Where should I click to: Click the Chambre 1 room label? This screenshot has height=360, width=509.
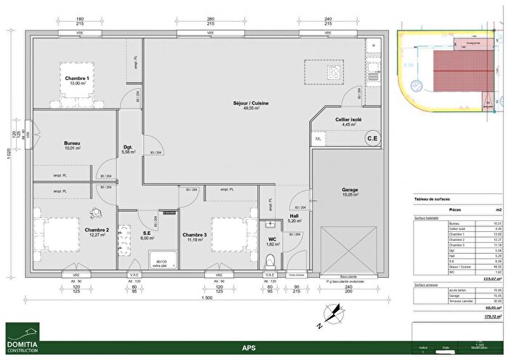click(76, 81)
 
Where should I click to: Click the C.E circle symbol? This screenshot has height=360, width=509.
click(372, 138)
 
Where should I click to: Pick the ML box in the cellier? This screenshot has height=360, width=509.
click(318, 138)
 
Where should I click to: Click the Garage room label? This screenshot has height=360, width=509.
click(350, 191)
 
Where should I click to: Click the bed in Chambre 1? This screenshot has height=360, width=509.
click(81, 80)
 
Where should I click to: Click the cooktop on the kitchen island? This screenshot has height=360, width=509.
click(333, 71)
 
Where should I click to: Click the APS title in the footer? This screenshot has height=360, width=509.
click(254, 348)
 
